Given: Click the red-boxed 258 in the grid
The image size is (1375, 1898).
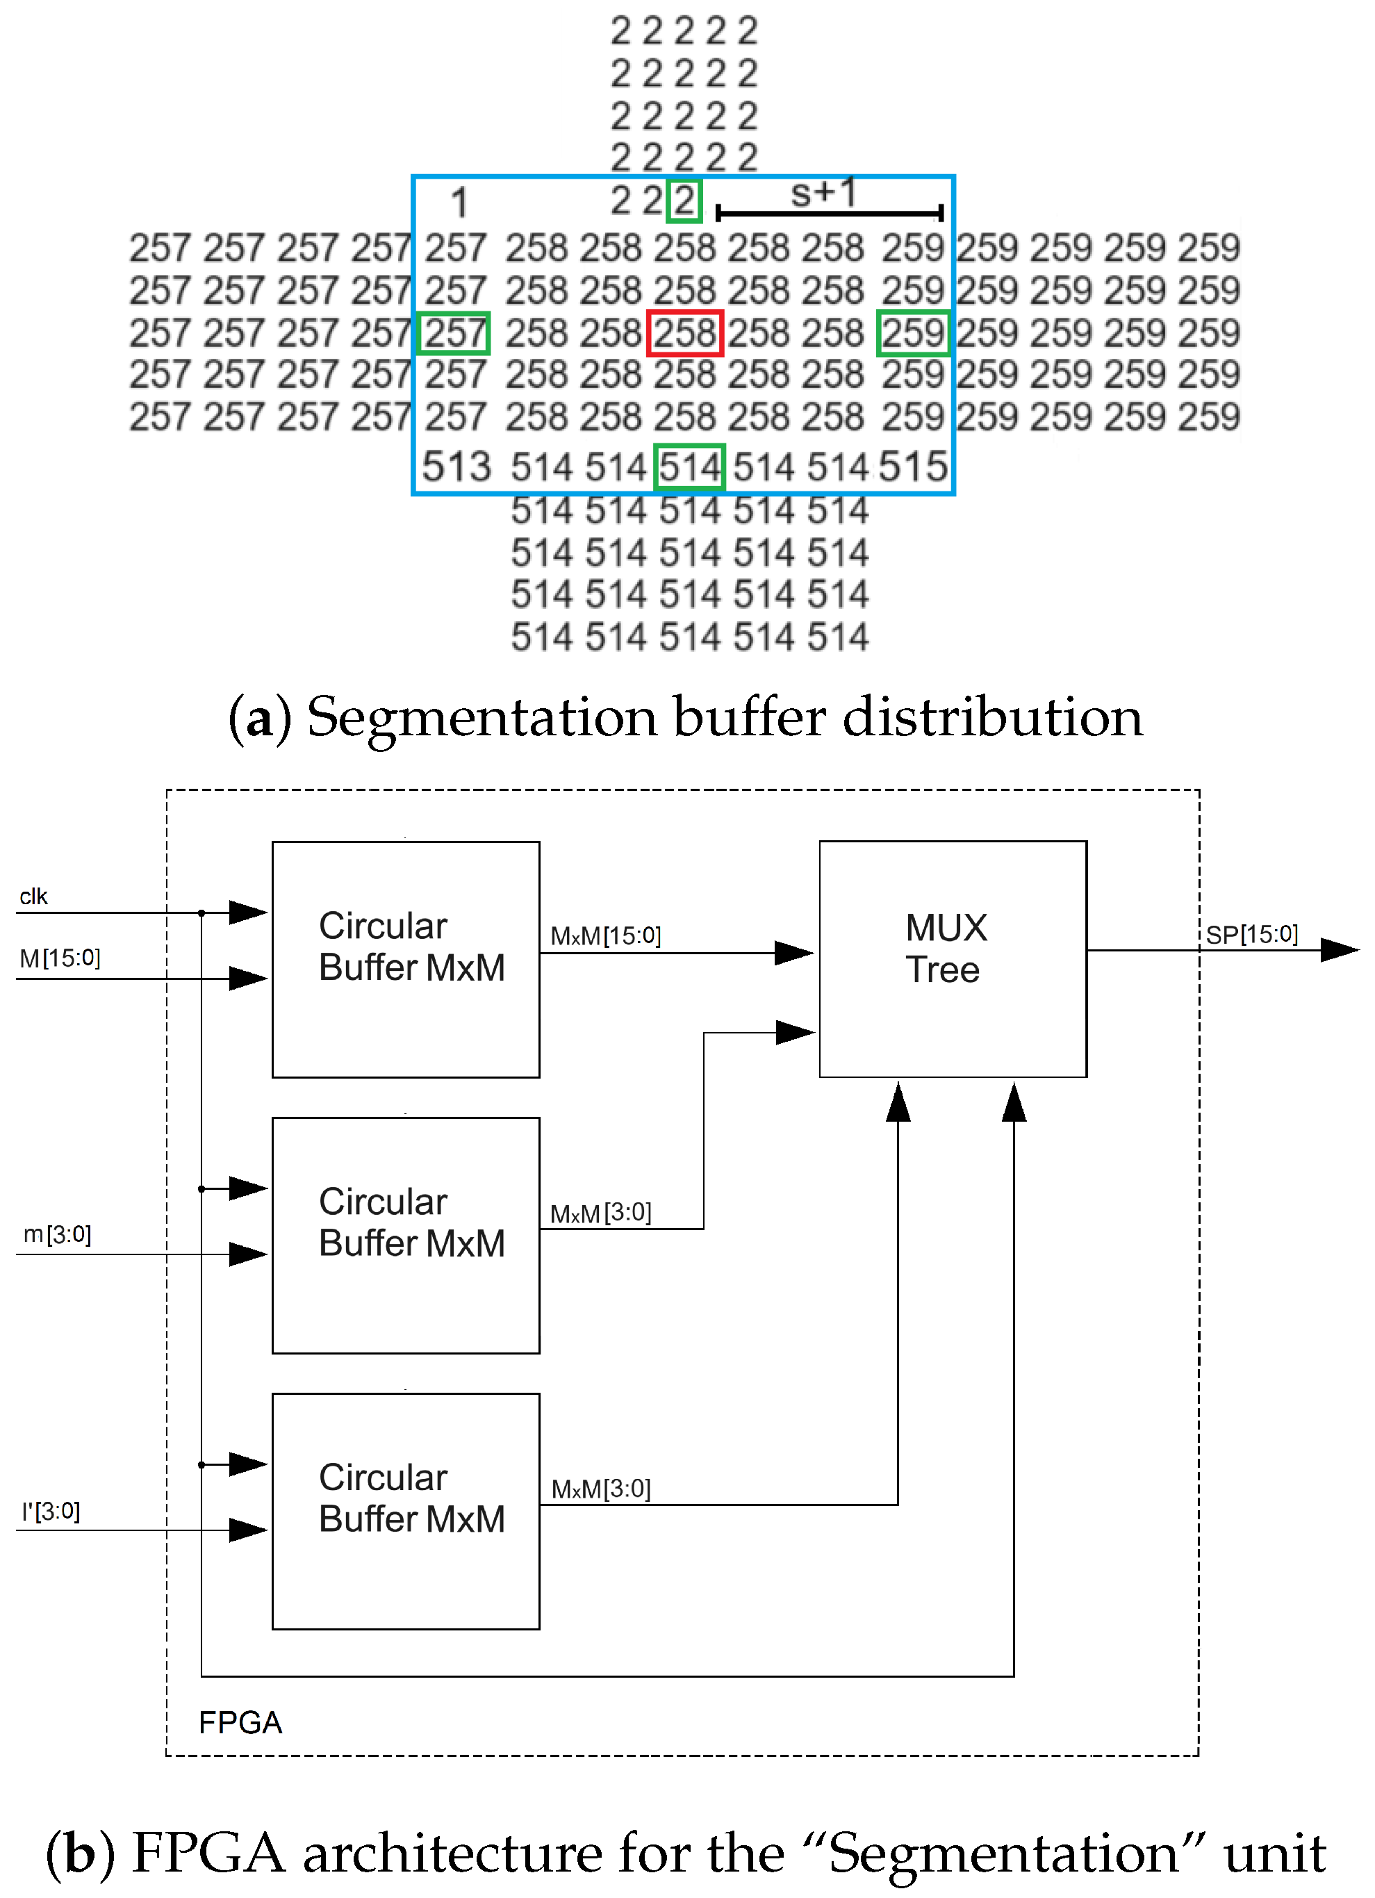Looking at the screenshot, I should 684,333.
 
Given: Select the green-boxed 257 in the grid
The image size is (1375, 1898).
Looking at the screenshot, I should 454,333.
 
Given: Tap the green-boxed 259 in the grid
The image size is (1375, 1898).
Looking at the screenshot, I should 912,333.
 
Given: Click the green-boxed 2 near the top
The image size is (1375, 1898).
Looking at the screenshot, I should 684,201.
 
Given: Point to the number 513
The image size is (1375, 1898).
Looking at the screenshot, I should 456,467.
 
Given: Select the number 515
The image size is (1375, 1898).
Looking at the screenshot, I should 912,467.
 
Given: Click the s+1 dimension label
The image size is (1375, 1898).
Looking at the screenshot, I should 823,193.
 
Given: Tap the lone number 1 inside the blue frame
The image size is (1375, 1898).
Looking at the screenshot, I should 459,202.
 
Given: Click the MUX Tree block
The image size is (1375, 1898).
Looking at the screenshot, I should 953,958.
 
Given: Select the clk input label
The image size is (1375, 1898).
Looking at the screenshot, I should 33,897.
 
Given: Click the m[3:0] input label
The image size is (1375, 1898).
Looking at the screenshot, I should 57,1234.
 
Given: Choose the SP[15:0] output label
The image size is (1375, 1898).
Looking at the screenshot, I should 1251,934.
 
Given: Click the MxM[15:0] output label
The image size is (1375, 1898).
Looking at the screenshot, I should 605,935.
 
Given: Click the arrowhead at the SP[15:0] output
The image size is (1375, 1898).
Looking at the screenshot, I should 1338,950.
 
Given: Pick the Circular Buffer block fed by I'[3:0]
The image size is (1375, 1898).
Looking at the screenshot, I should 405,1510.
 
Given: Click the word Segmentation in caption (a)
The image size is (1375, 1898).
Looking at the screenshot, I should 482,718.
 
